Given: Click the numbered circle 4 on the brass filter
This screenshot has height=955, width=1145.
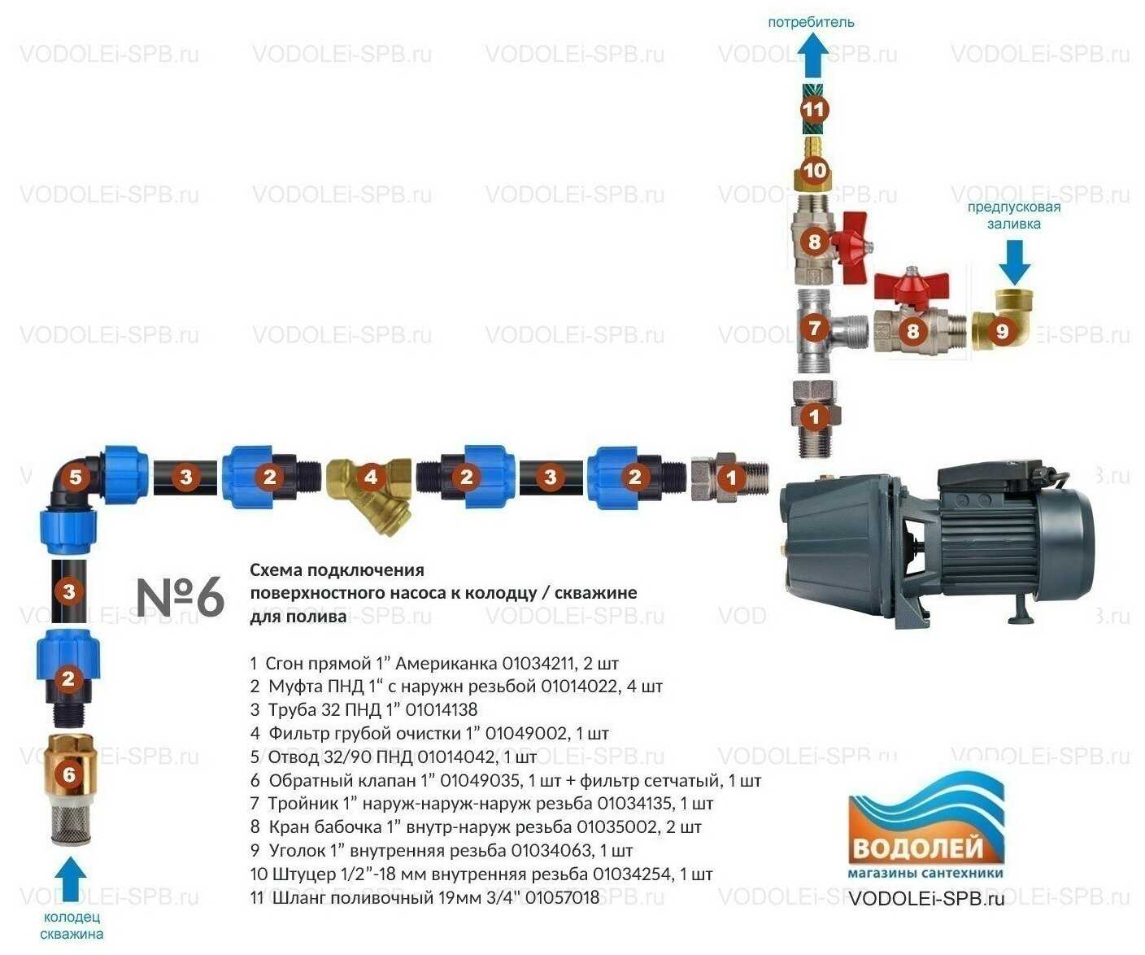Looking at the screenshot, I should pos(372,477).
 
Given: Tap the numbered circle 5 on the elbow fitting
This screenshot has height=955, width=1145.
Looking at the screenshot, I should pos(76,476).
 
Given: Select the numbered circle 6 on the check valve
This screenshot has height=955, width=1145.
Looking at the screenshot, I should pos(69,774).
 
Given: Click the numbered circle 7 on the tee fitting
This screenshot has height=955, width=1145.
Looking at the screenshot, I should pos(815,328).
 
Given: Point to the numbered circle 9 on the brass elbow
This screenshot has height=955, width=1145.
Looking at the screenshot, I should pos(1002,330).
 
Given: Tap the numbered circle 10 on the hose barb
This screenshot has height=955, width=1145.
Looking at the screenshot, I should pos(814,171).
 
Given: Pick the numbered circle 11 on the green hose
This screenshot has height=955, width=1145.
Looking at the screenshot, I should pos(814,109).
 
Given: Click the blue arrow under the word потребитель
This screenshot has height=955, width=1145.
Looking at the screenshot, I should pos(812,58).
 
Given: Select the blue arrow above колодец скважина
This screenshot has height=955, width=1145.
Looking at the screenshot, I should pos(71,880).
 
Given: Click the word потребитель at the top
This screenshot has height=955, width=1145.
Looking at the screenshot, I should pos(811,22).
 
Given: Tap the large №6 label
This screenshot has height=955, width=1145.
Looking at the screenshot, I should pos(180,597).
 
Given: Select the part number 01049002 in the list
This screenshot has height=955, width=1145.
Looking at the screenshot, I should pos(527,733).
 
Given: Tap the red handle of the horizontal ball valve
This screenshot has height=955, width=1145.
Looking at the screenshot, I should pos(911,286).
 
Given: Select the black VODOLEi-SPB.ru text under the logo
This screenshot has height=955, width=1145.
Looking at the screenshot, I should pos(926,898).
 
